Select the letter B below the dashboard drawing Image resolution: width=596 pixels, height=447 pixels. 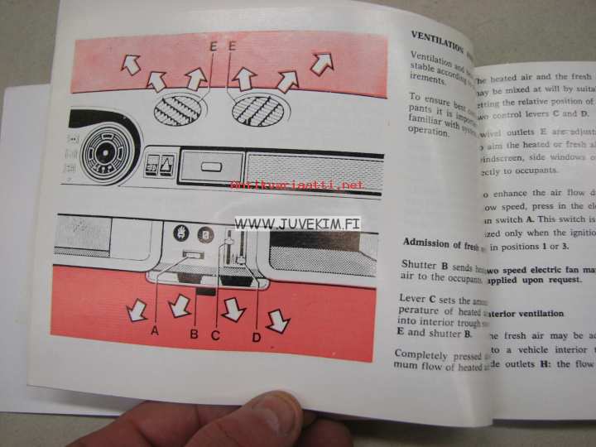[x=195, y=334]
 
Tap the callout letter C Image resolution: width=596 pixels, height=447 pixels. [x=215, y=334]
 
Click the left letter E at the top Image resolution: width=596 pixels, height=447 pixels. [x=214, y=47]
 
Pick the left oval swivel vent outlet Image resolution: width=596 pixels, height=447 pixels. [x=179, y=108]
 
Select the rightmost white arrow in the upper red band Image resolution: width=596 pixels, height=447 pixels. [x=322, y=62]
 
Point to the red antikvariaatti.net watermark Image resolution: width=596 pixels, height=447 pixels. [x=297, y=185]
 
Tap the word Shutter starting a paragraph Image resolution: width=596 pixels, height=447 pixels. [x=421, y=265]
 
